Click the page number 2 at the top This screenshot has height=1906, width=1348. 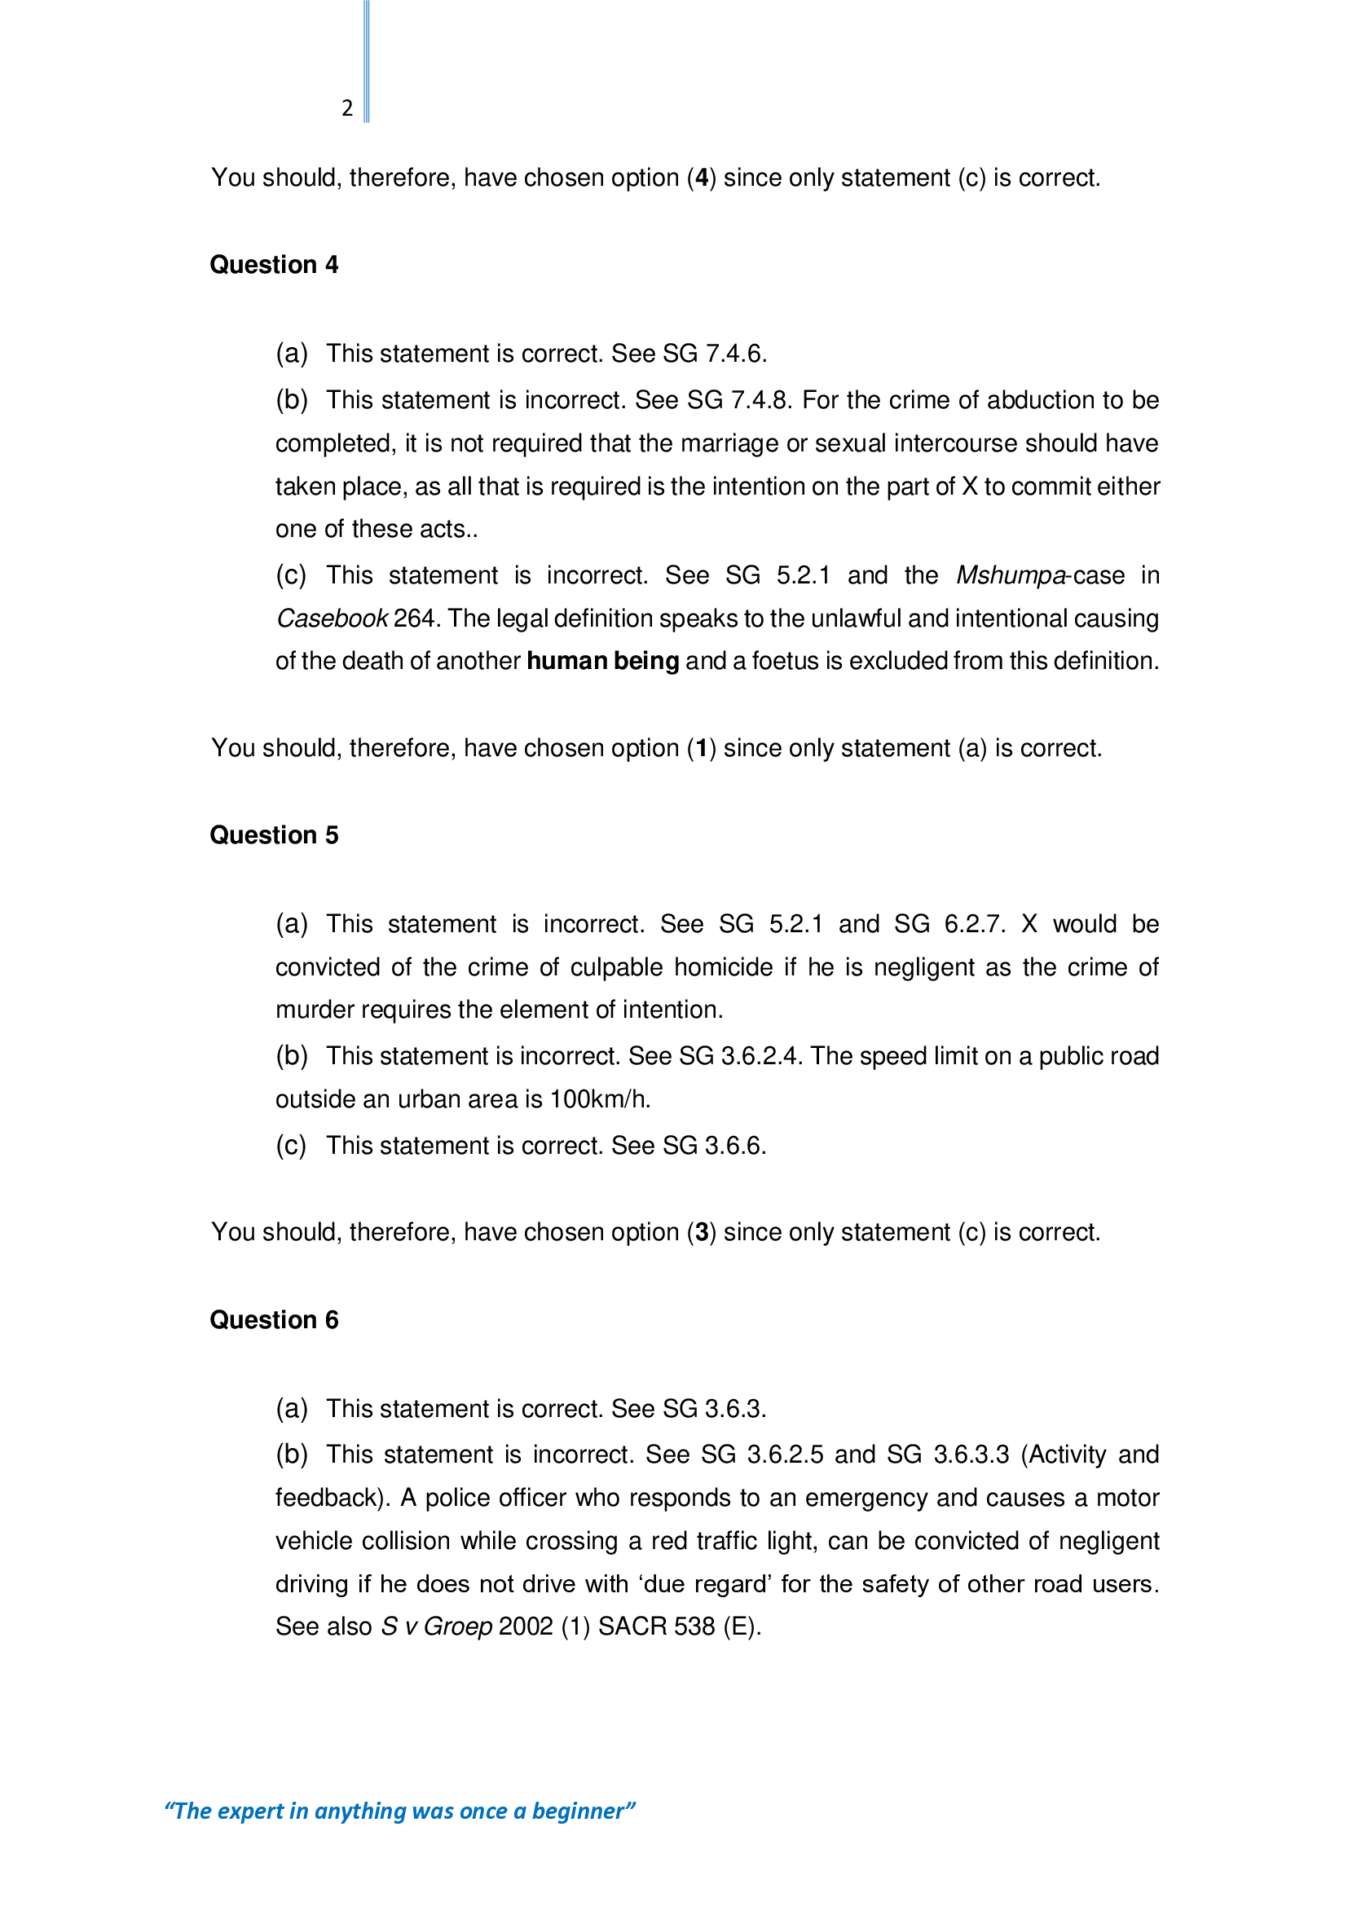[347, 108]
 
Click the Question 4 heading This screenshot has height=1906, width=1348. [274, 265]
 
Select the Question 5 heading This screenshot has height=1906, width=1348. [274, 835]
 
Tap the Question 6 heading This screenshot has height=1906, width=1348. [274, 1320]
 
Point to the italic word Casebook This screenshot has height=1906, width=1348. [331, 618]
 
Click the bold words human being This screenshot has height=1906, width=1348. [602, 662]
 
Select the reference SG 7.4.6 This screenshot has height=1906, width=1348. [714, 354]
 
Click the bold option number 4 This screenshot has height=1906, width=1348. [703, 178]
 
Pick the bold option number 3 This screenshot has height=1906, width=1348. [703, 1233]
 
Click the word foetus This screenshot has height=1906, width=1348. [784, 662]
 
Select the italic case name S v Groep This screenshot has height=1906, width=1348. [437, 1626]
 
